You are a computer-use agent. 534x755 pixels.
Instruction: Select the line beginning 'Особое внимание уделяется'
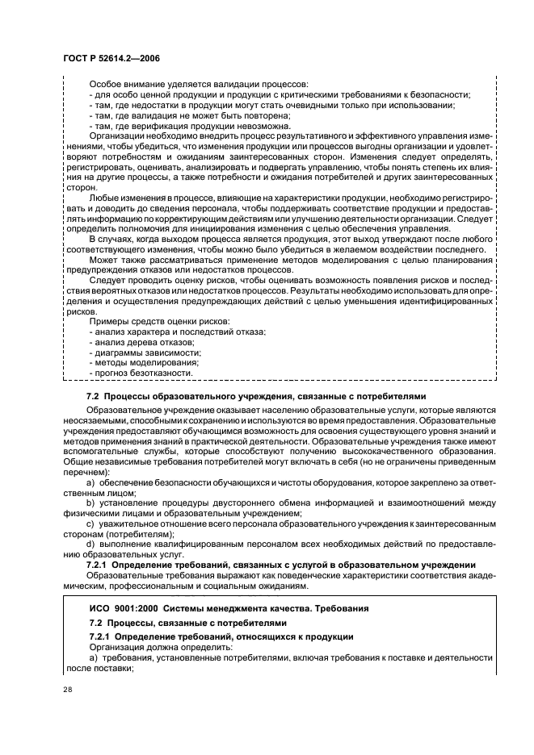[x=192, y=85]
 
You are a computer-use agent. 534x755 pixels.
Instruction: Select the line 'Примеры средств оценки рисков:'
[x=158, y=322]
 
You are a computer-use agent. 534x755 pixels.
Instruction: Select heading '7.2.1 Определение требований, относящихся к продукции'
[x=221, y=637]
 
